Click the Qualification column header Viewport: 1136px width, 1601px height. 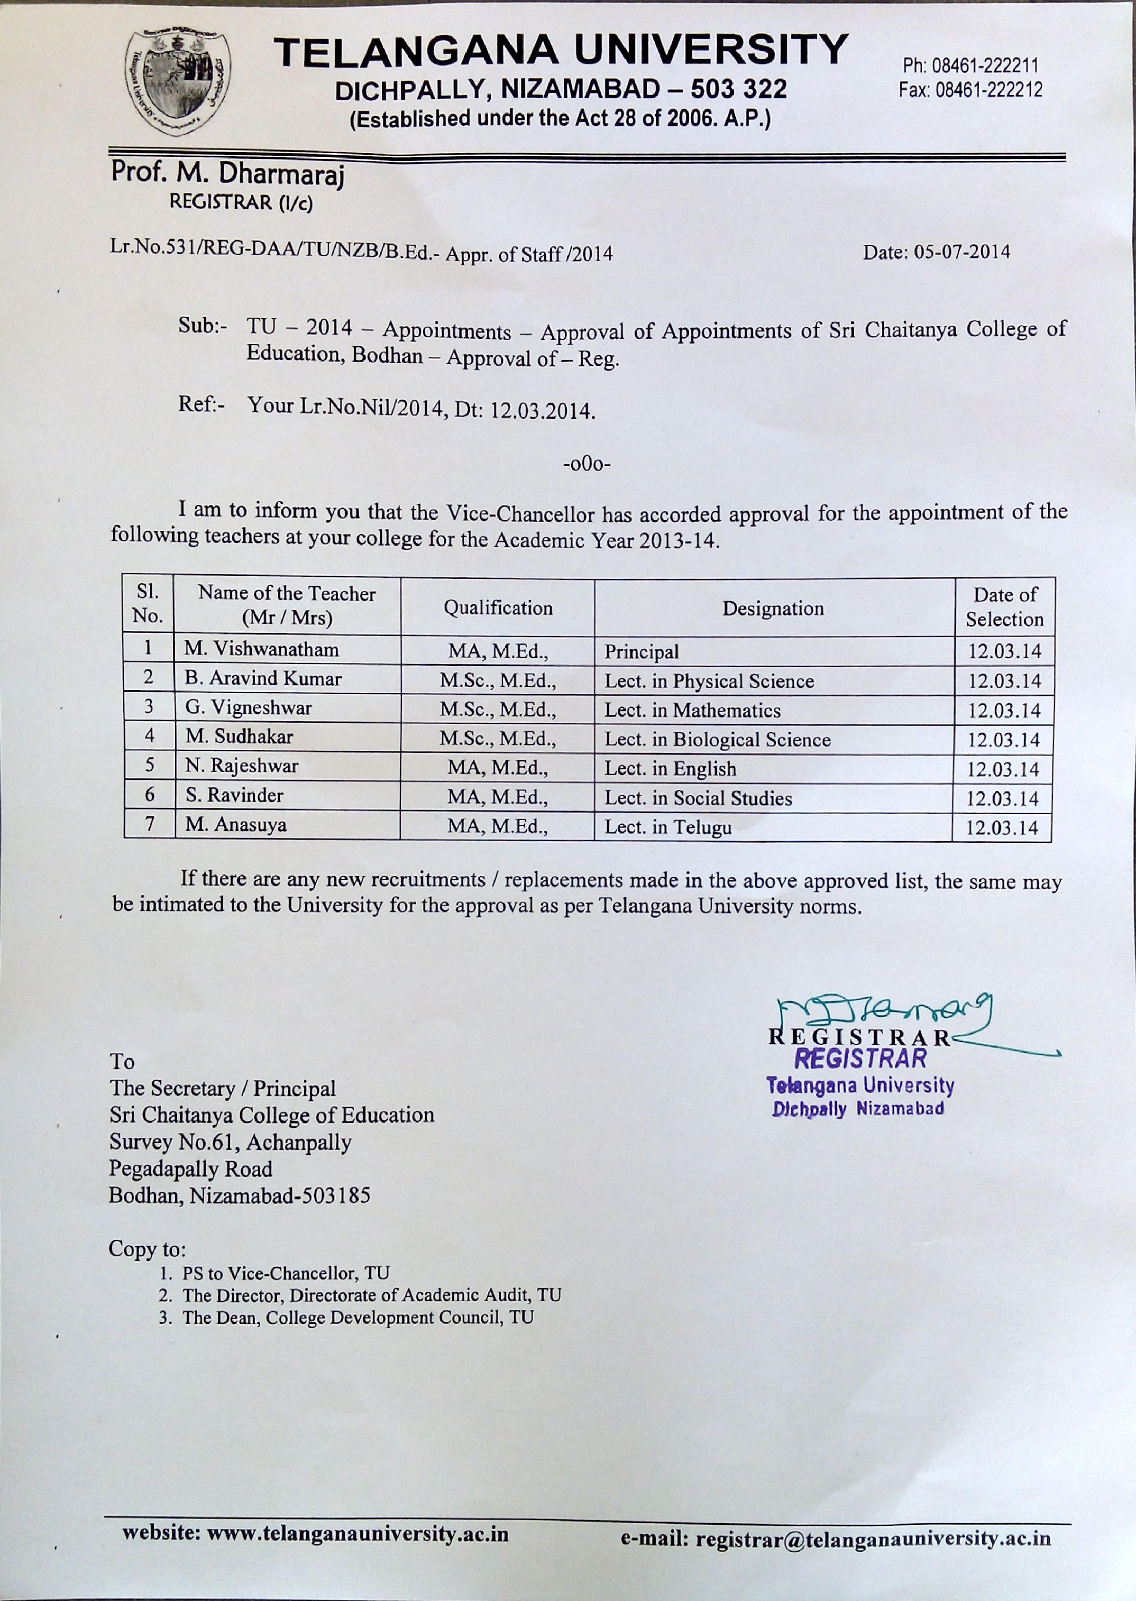498,608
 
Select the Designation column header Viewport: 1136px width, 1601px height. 773,608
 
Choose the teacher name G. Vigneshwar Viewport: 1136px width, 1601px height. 248,708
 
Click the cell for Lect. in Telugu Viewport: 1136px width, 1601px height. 668,827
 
